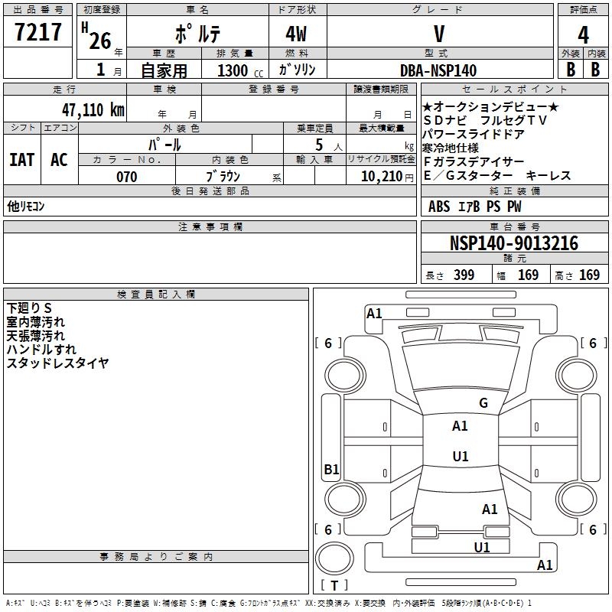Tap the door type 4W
click(297, 34)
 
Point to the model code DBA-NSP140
click(438, 70)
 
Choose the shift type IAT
click(21, 159)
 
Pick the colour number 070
click(126, 177)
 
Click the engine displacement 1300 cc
click(236, 70)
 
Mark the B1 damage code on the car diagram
click(331, 470)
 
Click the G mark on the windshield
click(483, 402)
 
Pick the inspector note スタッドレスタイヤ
click(57, 363)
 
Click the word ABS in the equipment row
click(439, 207)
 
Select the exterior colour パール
click(164, 144)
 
